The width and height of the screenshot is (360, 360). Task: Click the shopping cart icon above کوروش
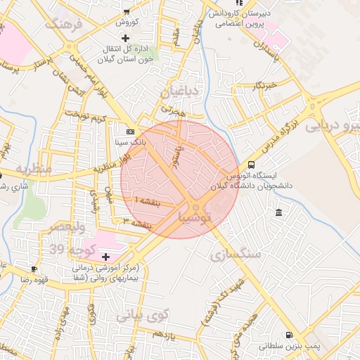coord(126,12)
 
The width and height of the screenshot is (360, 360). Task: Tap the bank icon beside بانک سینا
coord(130,131)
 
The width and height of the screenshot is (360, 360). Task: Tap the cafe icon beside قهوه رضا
coord(34,269)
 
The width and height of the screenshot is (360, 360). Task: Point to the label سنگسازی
coord(236,253)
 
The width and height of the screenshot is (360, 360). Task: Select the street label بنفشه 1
coord(146,201)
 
